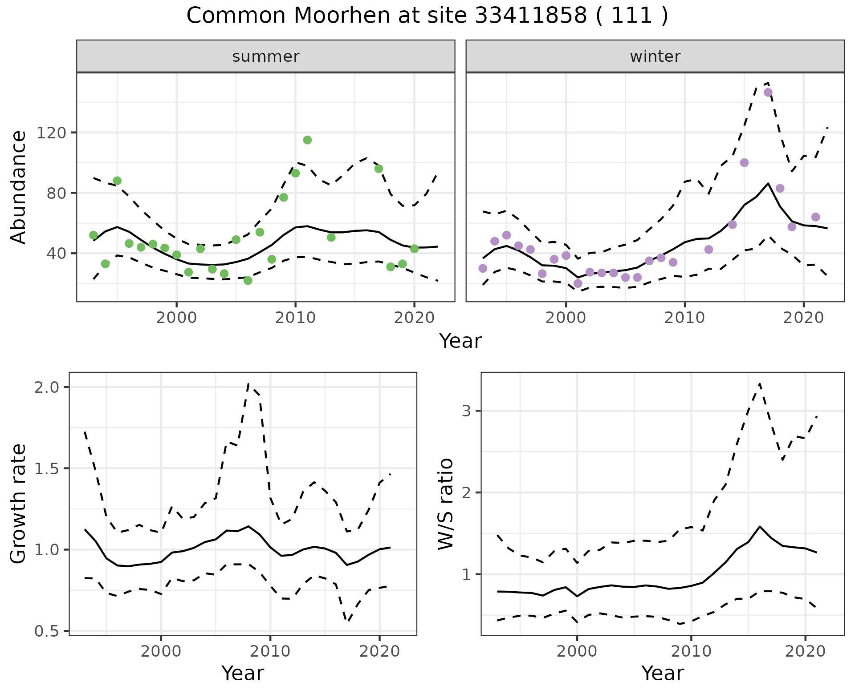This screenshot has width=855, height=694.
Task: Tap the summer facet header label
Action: (x=266, y=56)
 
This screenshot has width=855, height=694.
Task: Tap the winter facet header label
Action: (x=655, y=56)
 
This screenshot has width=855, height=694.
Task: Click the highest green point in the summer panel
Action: (x=307, y=140)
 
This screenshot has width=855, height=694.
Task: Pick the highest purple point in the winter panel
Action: (x=768, y=93)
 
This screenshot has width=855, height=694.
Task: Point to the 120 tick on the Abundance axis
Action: (x=52, y=133)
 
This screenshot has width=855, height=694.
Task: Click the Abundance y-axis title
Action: (x=19, y=187)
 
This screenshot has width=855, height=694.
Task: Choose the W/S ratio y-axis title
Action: (x=446, y=504)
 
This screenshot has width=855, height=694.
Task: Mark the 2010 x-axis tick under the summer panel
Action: (x=295, y=318)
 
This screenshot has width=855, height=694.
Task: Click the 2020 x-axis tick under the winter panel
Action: (x=803, y=318)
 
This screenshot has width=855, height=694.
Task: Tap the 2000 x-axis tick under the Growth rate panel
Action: (x=161, y=651)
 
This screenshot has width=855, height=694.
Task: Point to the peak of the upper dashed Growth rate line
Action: (x=248, y=383)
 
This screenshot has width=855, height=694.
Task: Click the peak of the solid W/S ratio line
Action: (x=760, y=527)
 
